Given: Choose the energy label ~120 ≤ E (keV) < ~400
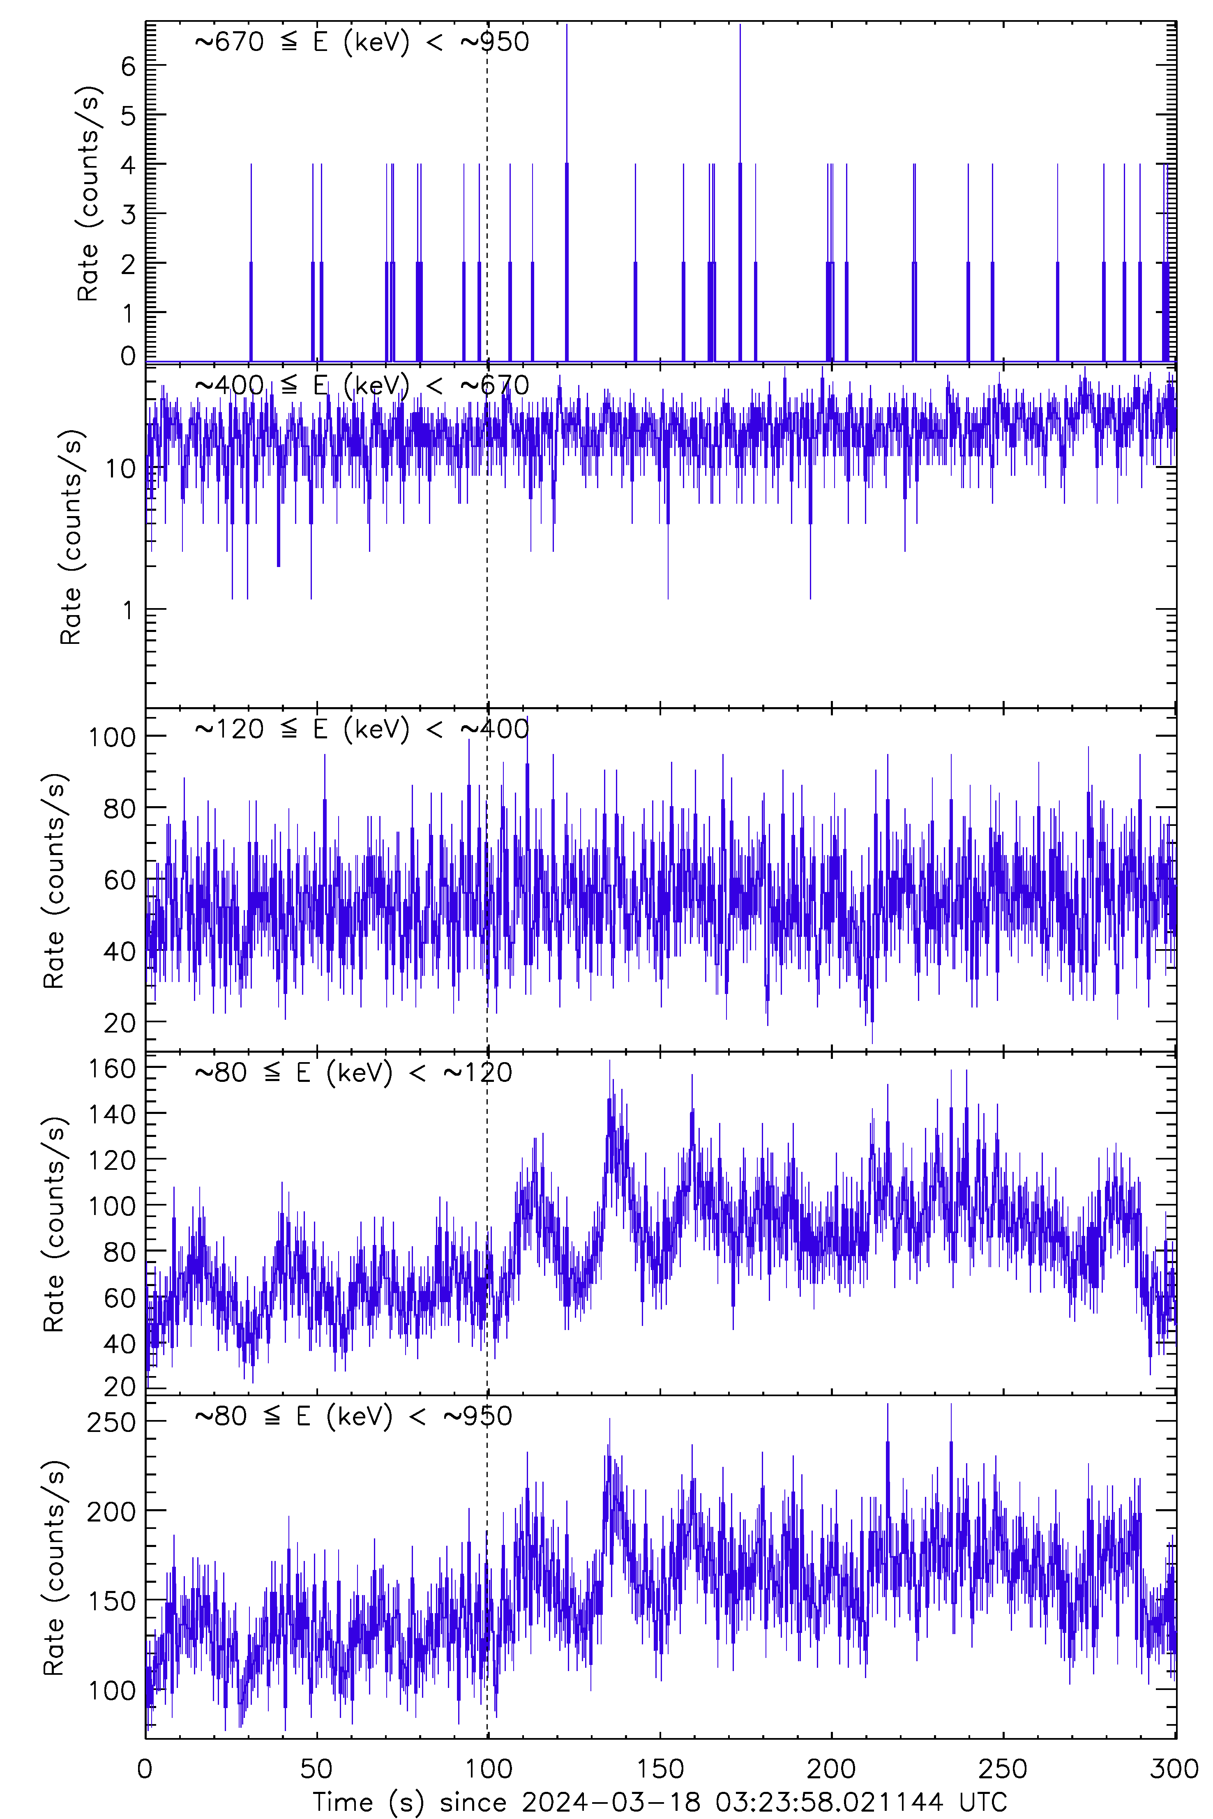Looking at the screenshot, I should [x=361, y=729].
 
